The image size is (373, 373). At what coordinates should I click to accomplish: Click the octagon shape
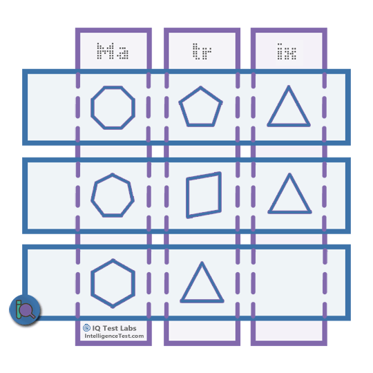[x=91, y=108]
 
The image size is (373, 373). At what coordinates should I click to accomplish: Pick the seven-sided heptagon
[x=92, y=200]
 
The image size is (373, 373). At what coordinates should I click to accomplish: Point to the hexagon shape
[x=93, y=283]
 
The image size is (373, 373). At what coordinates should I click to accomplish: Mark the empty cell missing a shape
[x=289, y=283]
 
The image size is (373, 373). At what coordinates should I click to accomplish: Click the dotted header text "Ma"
[x=113, y=51]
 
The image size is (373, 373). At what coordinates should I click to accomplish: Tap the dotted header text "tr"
[x=202, y=51]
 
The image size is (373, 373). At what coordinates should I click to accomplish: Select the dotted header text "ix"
[x=287, y=52]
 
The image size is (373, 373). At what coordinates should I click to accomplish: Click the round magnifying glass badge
[x=25, y=309]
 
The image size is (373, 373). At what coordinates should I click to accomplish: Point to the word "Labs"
[x=128, y=328]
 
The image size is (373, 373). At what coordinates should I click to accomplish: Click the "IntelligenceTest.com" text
[x=114, y=336]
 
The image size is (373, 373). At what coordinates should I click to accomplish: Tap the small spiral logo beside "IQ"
[x=86, y=328]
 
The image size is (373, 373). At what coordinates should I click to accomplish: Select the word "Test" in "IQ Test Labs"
[x=111, y=328]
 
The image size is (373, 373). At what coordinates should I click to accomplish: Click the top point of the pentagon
[x=200, y=87]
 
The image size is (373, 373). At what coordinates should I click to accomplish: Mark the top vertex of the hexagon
[x=113, y=260]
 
